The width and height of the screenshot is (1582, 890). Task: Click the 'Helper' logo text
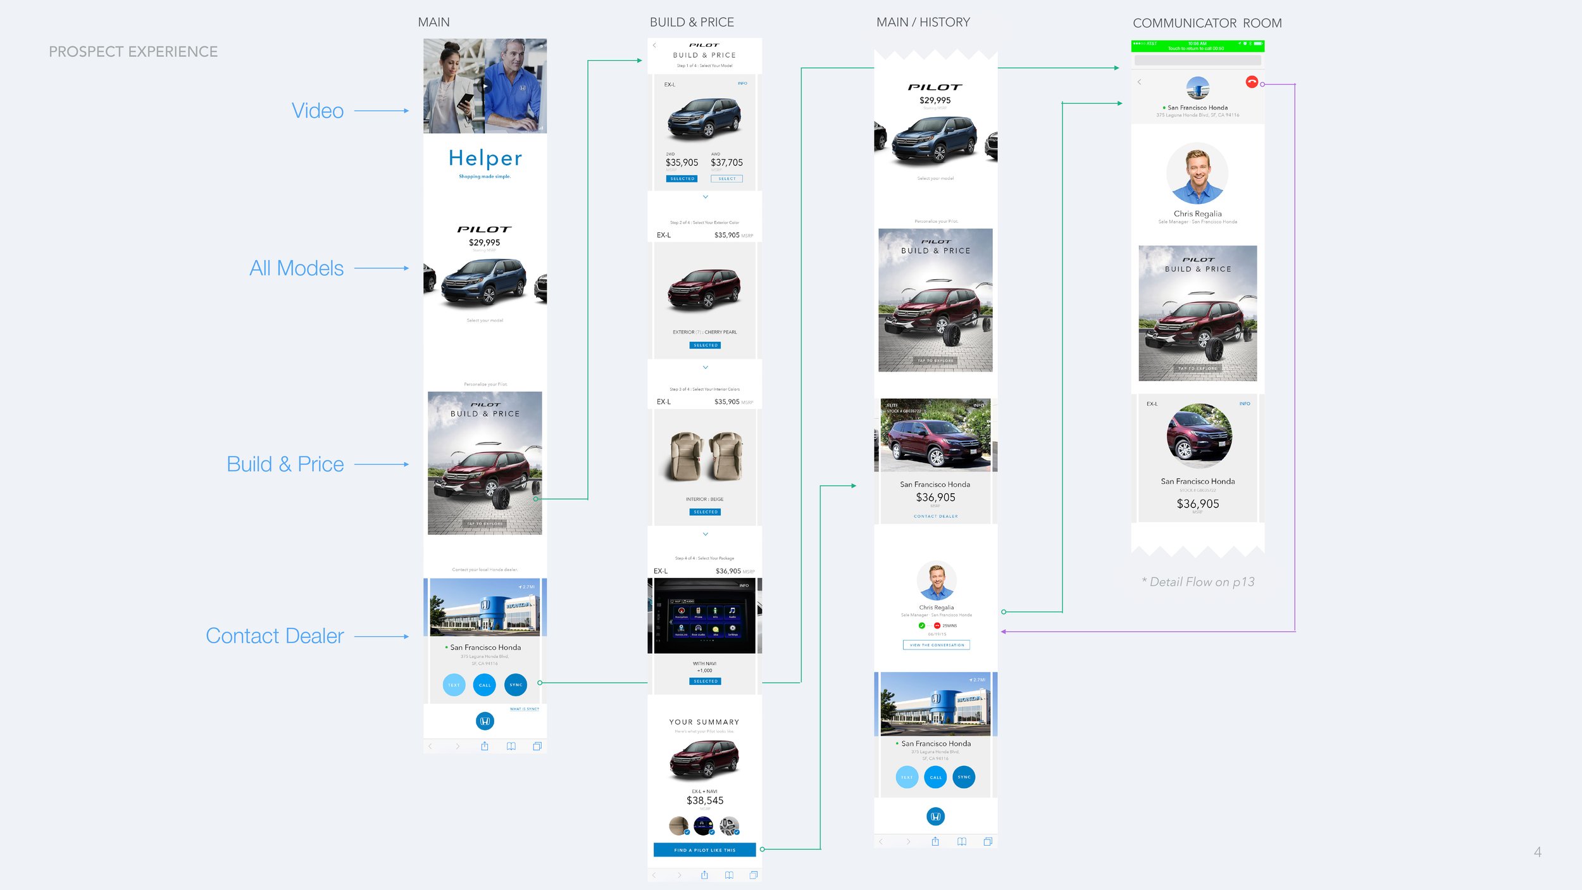click(485, 158)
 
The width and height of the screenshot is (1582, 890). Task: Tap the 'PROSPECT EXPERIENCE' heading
click(133, 52)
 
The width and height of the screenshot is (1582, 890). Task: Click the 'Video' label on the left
click(318, 111)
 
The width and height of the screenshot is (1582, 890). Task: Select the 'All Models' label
click(296, 268)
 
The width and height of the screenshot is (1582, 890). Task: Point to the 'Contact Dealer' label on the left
click(275, 636)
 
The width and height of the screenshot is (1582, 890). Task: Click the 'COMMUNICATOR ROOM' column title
click(1207, 23)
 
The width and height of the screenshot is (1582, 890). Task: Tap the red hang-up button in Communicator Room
click(1251, 82)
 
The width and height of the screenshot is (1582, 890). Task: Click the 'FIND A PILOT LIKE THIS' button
click(704, 850)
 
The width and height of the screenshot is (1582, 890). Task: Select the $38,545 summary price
click(705, 801)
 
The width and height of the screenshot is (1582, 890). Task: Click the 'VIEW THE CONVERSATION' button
click(936, 645)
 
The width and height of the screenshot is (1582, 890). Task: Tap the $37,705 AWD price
click(726, 163)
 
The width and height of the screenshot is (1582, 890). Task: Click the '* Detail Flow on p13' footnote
click(1198, 582)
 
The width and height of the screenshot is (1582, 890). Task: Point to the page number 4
click(1537, 852)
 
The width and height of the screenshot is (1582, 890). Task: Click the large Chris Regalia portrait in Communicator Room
click(1197, 173)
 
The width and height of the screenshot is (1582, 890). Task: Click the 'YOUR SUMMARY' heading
click(704, 722)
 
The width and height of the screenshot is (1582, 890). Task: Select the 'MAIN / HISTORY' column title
click(923, 23)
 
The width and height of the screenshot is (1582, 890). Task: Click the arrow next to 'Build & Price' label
click(382, 465)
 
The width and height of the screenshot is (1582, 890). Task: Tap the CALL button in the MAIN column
click(485, 685)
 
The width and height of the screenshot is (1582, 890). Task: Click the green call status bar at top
click(1197, 46)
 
